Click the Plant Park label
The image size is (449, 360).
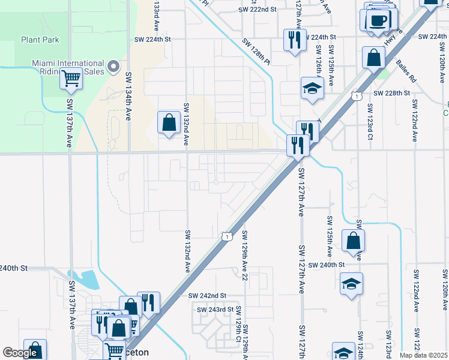click(x=40, y=40)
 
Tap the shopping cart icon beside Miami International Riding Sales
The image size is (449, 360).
click(x=71, y=78)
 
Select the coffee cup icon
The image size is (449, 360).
click(x=378, y=20)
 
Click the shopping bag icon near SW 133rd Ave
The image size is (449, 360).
click(x=169, y=122)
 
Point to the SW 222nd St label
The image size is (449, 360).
click(x=257, y=10)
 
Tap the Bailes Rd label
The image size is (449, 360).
click(x=405, y=70)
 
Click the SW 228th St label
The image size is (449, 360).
click(x=391, y=94)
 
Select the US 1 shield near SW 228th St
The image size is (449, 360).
click(x=357, y=96)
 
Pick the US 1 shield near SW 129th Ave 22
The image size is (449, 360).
click(x=227, y=237)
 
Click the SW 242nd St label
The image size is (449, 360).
click(x=207, y=296)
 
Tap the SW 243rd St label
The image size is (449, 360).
click(x=216, y=310)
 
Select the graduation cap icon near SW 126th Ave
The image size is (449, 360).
click(x=312, y=88)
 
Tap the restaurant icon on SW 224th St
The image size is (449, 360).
click(x=294, y=40)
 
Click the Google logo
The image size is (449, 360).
click(x=20, y=353)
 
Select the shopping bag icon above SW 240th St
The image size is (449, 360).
click(x=353, y=241)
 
